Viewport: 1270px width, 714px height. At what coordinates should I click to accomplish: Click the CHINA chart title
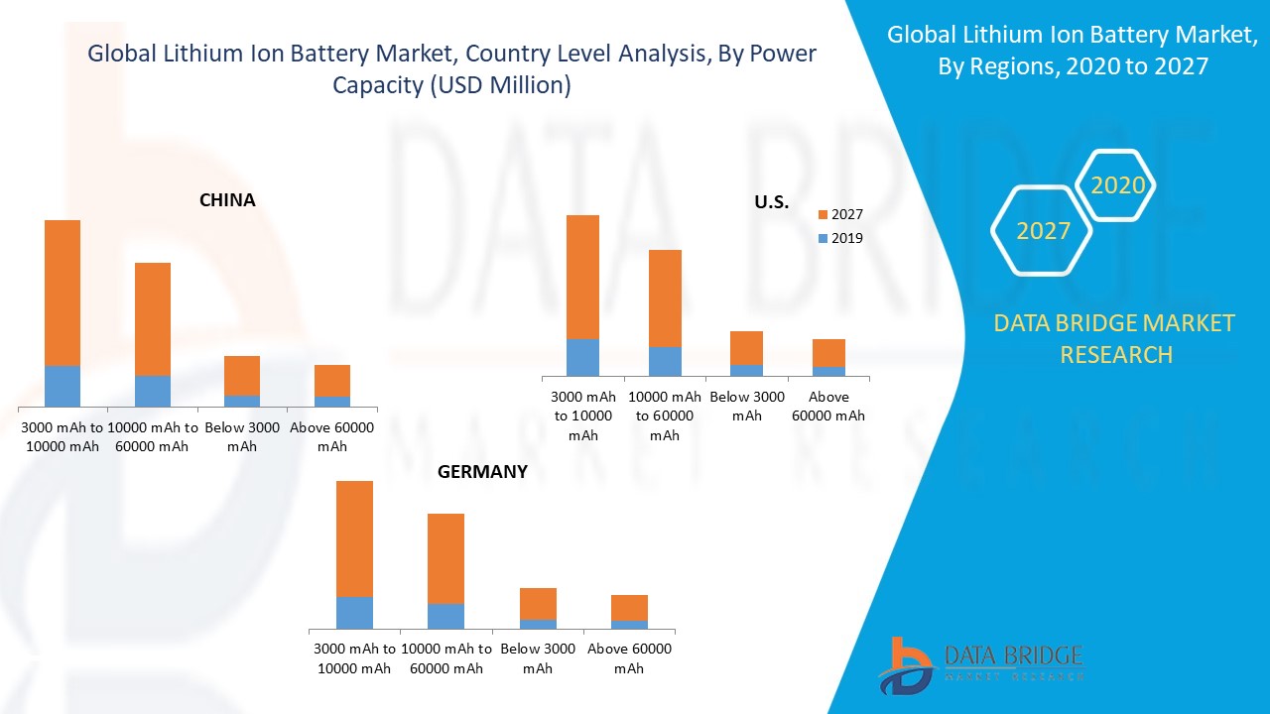coord(227,200)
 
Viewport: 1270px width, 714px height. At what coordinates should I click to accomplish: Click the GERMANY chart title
coord(482,472)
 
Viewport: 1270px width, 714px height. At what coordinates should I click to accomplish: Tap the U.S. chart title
coord(771,202)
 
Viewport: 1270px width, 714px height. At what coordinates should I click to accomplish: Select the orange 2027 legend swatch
coord(823,214)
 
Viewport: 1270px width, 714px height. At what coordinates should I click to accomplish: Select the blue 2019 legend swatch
coord(823,238)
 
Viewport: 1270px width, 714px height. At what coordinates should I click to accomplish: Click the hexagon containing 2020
coord(1117,185)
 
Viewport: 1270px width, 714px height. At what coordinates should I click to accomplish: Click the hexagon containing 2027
coord(1043,231)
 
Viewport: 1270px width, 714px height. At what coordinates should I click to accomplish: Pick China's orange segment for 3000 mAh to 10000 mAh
coord(63,293)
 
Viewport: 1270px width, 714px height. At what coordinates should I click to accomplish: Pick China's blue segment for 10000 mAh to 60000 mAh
coord(153,391)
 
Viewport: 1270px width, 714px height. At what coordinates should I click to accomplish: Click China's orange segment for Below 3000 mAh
coord(242,376)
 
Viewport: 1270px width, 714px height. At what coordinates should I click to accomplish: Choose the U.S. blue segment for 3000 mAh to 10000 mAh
coord(582,357)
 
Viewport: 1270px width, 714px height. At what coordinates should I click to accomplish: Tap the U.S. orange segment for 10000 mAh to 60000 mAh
coord(665,297)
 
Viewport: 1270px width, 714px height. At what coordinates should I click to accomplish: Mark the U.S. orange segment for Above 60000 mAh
coord(828,353)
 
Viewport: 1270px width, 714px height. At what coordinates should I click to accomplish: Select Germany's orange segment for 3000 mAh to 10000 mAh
coord(354,538)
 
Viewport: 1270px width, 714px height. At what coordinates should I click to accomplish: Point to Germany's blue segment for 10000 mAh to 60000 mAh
coord(445,616)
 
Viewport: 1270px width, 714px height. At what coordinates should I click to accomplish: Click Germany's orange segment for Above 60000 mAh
coord(629,608)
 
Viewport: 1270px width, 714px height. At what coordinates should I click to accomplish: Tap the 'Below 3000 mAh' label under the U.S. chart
coord(747,407)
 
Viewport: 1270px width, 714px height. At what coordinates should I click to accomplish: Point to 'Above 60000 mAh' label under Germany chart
coord(629,658)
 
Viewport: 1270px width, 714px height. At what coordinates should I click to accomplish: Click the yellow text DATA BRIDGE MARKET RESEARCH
coord(1115,338)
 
